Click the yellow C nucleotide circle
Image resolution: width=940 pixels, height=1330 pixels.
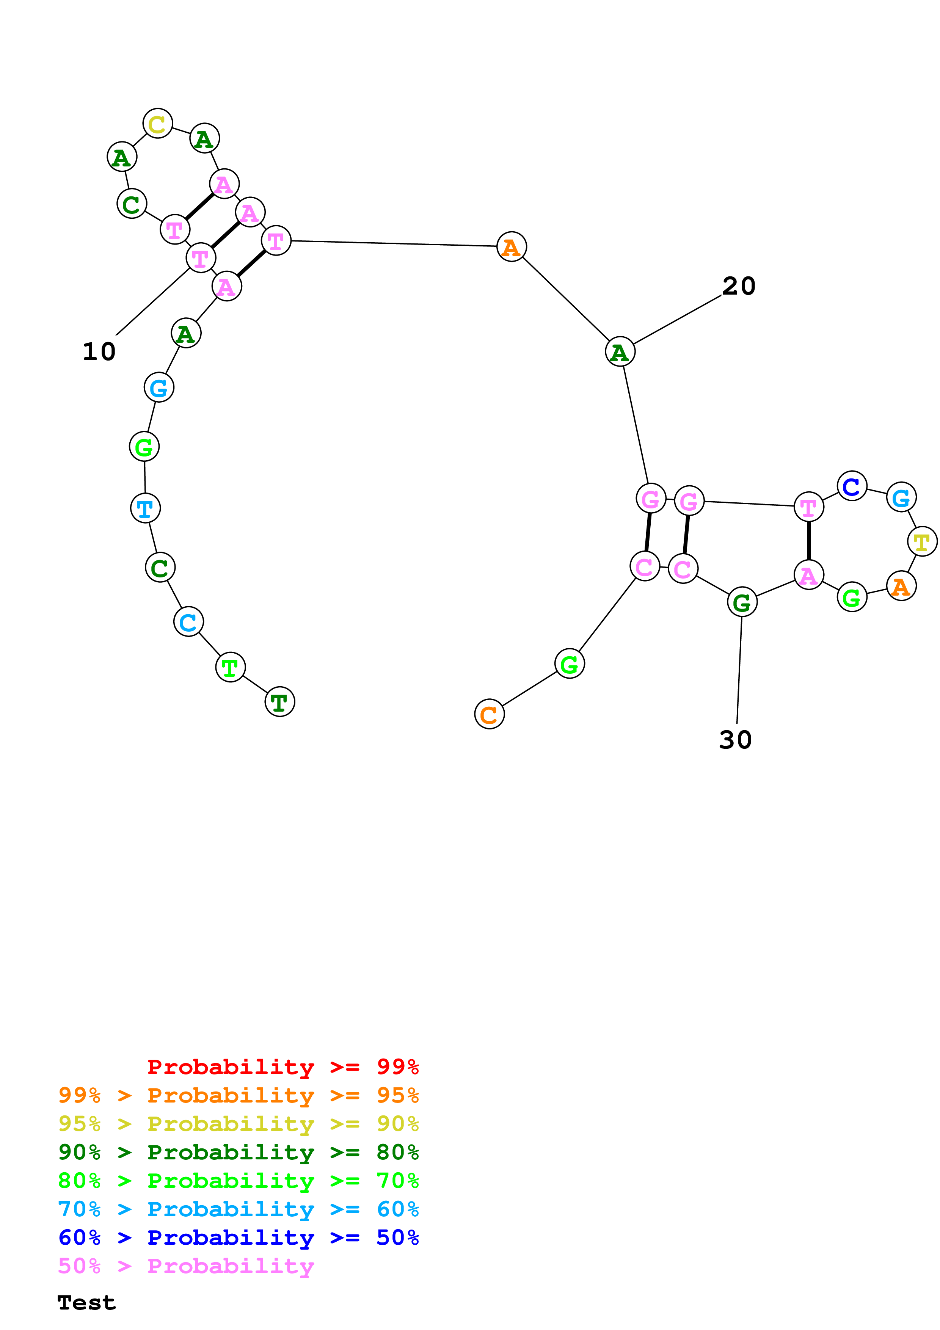(x=157, y=123)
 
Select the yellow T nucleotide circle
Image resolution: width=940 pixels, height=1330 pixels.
(x=921, y=541)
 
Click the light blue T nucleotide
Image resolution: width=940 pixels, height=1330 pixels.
(x=145, y=508)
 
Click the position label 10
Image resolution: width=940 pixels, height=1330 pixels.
(x=99, y=351)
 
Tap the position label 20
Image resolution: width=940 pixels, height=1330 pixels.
(x=738, y=285)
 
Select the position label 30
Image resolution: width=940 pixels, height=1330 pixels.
(x=735, y=740)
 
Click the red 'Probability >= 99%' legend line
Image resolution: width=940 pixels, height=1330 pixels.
(x=282, y=1067)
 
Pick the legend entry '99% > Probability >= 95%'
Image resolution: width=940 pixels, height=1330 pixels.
(x=238, y=1095)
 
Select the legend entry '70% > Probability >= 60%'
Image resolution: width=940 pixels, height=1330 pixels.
(x=238, y=1209)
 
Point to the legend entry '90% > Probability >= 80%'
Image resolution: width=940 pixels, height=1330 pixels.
(x=238, y=1152)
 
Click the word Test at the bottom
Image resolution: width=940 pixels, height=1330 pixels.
(x=86, y=1302)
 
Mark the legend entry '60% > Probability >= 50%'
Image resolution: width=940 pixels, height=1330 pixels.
(x=238, y=1237)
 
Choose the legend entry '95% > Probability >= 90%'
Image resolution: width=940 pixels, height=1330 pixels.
(x=238, y=1123)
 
